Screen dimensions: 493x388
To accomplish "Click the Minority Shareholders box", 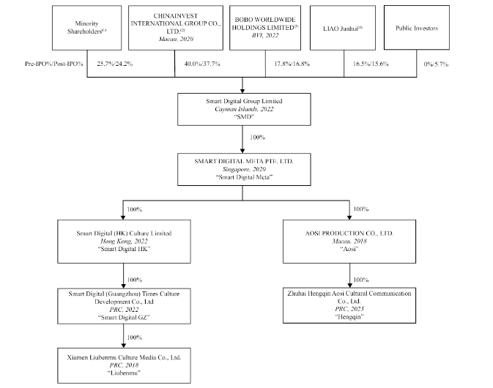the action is click(86, 28).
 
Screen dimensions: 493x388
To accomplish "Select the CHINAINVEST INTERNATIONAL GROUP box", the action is click(176, 28).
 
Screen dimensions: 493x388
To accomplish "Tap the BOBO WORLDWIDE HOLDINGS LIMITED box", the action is click(265, 28).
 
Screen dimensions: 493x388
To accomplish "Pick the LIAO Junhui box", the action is click(343, 28).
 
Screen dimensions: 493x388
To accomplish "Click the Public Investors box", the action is click(417, 28).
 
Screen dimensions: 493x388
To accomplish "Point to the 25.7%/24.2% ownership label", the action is click(115, 64).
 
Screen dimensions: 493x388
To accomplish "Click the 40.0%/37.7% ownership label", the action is click(202, 64).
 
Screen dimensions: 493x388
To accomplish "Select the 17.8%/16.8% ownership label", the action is click(292, 64).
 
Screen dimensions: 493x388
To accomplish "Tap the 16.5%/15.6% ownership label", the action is click(371, 64).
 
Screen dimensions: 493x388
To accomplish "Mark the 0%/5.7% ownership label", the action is click(436, 64).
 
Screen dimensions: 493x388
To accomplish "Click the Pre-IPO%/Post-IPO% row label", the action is click(54, 64).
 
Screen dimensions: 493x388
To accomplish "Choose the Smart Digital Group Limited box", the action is click(244, 109).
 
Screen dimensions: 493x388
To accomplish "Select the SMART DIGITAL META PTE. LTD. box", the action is click(244, 169).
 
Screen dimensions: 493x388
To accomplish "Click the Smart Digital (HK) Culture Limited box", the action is click(124, 242).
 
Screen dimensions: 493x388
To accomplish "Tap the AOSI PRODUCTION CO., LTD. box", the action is click(349, 242).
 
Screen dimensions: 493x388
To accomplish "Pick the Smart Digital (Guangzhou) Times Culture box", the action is click(124, 306).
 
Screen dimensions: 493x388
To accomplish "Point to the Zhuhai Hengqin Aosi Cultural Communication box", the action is click(349, 305).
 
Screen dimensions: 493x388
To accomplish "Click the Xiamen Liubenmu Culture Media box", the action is click(124, 365).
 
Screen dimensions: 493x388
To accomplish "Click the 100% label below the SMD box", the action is click(258, 138).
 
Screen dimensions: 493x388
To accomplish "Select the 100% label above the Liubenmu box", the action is click(135, 337).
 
